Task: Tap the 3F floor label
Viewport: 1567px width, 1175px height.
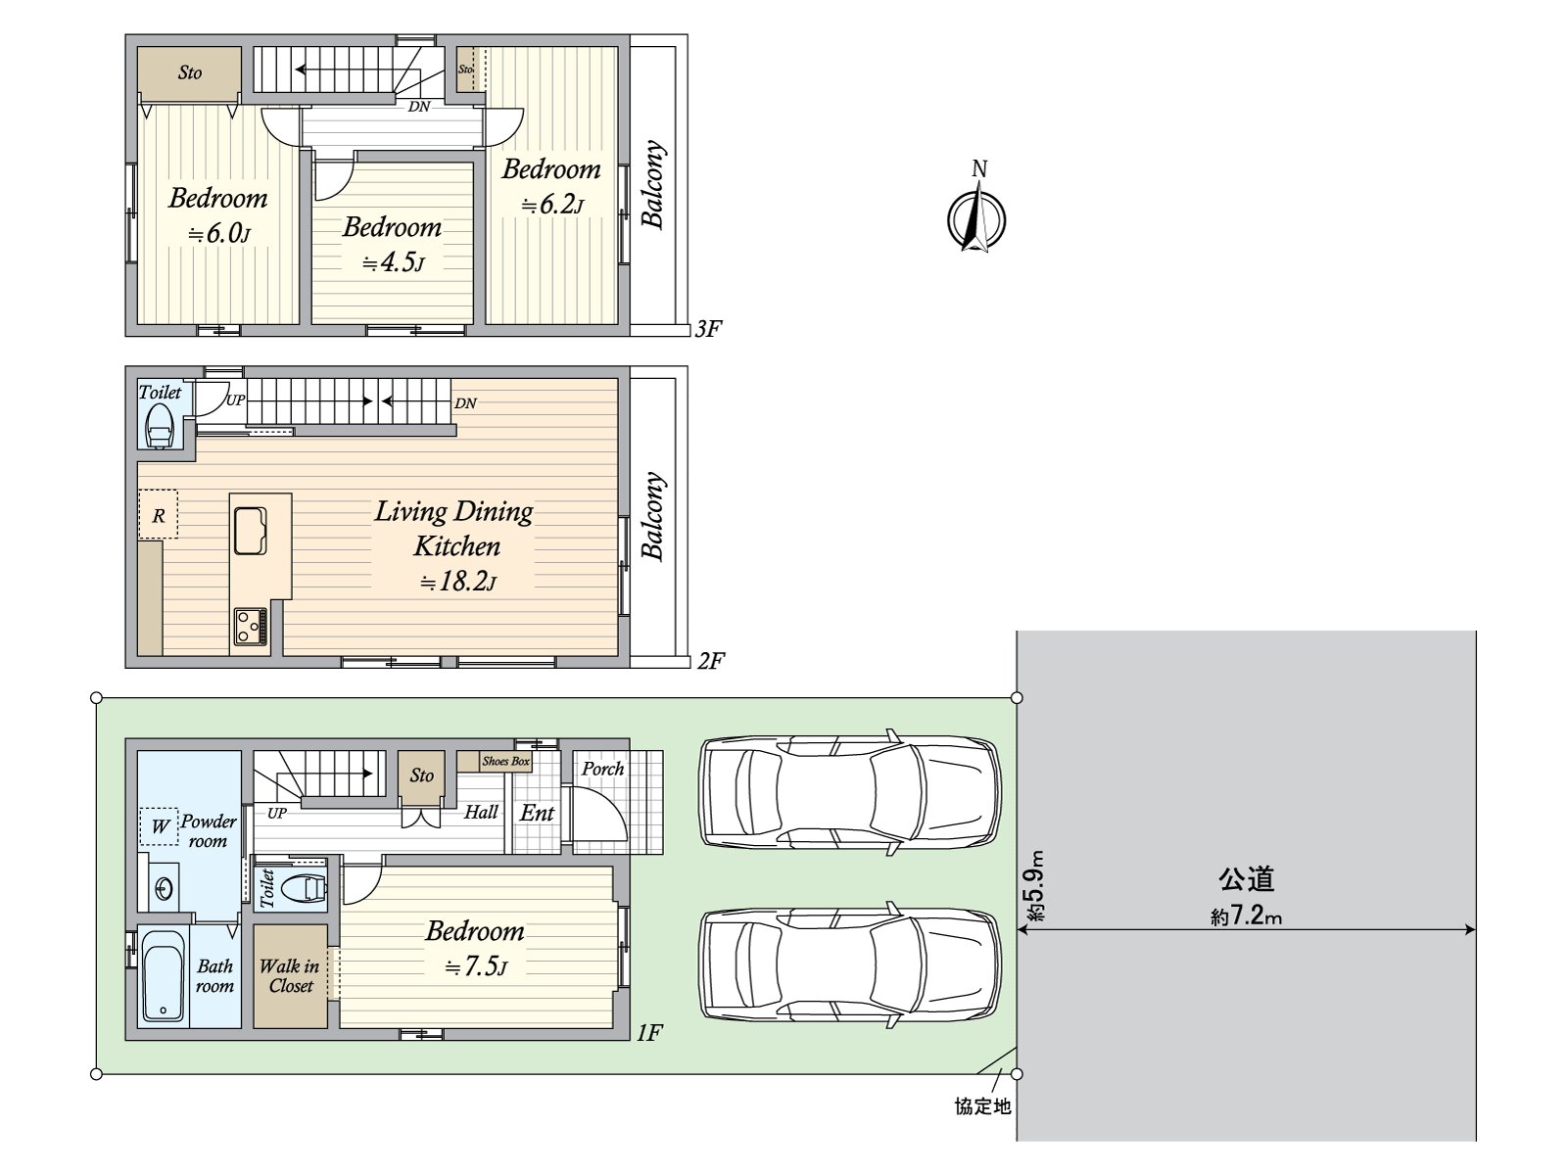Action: click(708, 329)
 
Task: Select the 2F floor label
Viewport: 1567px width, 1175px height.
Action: click(710, 661)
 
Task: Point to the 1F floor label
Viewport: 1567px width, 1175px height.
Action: click(649, 1032)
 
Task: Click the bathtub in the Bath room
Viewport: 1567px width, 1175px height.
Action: click(164, 976)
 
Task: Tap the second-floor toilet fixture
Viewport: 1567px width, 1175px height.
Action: click(160, 427)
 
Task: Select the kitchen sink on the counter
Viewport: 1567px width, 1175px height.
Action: click(251, 531)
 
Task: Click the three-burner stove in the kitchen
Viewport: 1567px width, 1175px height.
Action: click(251, 627)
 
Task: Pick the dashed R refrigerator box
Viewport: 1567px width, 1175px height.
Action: click(158, 514)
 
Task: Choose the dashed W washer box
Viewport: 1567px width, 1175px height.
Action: click(159, 826)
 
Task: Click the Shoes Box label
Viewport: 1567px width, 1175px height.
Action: click(505, 761)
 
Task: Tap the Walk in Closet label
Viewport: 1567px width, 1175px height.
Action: click(290, 976)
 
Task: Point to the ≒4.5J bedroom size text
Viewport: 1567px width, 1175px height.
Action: click(394, 262)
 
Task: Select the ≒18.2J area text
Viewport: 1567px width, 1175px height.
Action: click(457, 582)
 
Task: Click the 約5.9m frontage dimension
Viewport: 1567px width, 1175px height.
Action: click(1036, 885)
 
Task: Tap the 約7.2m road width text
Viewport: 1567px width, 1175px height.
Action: click(1246, 916)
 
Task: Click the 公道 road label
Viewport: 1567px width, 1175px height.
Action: click(1246, 879)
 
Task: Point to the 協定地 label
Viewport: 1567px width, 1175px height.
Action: click(982, 1106)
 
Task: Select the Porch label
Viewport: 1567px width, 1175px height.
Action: click(602, 769)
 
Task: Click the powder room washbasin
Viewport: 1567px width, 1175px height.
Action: click(164, 889)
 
